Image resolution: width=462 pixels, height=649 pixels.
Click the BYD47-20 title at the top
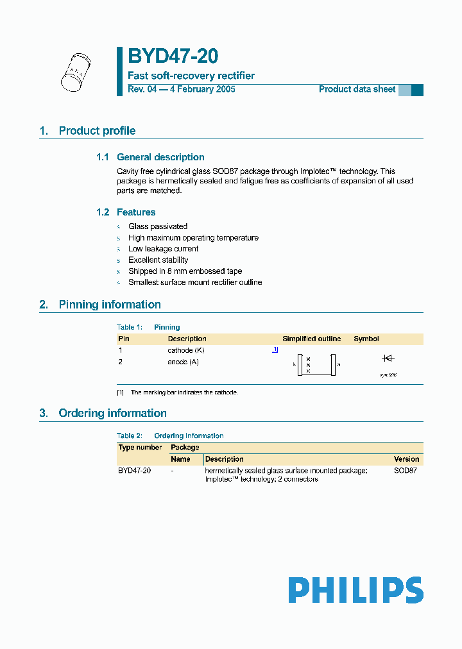tap(173, 57)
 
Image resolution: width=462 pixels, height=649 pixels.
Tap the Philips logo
tap(355, 590)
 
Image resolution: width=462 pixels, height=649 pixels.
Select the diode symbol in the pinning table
tap(388, 358)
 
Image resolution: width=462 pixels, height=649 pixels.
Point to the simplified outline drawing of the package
tap(316, 365)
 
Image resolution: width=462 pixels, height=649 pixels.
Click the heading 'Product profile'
tap(97, 131)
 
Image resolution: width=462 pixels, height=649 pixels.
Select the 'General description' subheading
tap(160, 157)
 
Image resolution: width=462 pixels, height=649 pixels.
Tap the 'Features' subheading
tap(136, 212)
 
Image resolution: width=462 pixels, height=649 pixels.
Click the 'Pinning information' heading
tap(110, 305)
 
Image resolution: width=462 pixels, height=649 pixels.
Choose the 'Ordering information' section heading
tap(112, 413)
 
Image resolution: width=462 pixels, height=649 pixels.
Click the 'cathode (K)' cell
tap(186, 350)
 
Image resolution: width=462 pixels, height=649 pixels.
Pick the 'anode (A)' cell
tap(184, 362)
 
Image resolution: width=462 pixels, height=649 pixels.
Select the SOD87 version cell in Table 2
tap(405, 471)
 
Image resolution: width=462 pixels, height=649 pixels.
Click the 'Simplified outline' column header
tap(312, 339)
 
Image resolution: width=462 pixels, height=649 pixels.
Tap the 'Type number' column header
tap(140, 447)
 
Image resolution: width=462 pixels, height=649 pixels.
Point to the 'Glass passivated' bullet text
tap(158, 226)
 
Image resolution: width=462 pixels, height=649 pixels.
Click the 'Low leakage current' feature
tap(163, 249)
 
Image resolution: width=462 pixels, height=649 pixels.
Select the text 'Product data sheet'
tap(357, 89)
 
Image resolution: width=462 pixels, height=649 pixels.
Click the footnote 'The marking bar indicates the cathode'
tap(184, 392)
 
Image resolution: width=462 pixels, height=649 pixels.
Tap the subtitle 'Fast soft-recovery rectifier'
tap(191, 76)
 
